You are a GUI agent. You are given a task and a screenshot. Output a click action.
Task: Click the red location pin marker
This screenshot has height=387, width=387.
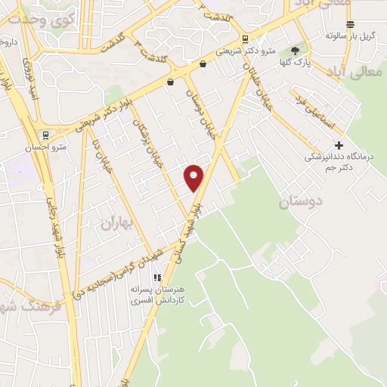pyautogui.click(x=195, y=177)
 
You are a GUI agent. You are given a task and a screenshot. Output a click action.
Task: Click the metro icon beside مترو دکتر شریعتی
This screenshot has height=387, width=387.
pyautogui.click(x=245, y=39)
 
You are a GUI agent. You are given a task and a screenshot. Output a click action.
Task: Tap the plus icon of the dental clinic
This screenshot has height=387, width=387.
pyautogui.click(x=339, y=145)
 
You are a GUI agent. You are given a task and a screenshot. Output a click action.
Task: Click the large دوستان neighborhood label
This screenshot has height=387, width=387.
pyautogui.click(x=300, y=202)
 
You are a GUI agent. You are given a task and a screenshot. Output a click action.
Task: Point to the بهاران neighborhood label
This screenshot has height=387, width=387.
pyautogui.click(x=116, y=222)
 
